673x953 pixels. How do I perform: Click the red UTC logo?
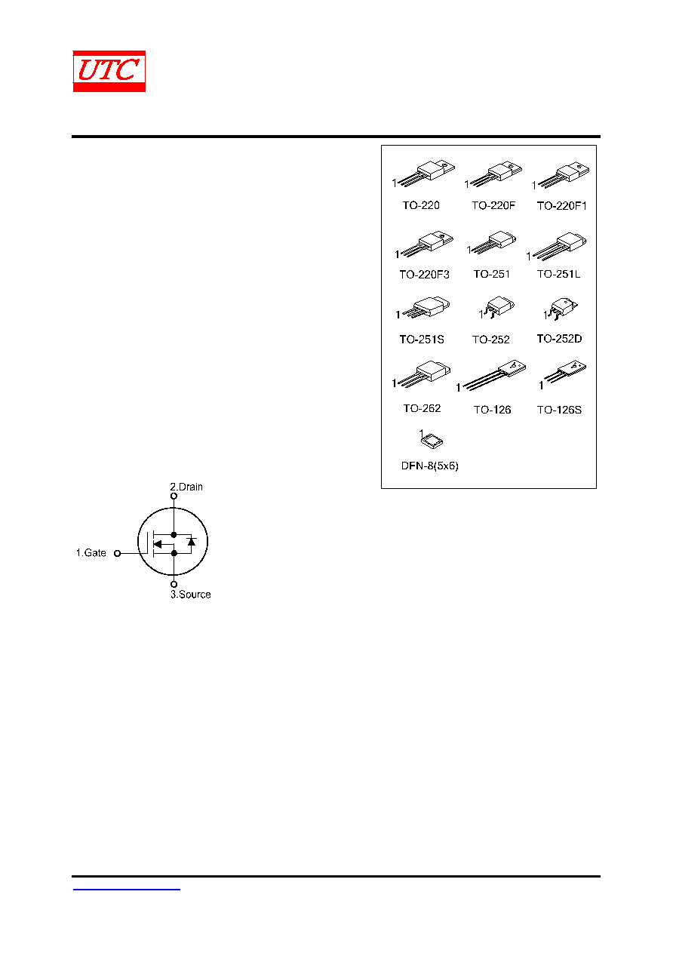(109, 71)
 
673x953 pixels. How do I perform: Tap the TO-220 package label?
(421, 205)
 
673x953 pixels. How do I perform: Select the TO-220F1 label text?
(561, 206)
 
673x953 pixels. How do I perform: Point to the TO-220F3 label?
(424, 275)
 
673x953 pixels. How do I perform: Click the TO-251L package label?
(558, 274)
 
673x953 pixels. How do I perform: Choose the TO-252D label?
(559, 339)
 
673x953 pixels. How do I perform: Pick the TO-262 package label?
(422, 408)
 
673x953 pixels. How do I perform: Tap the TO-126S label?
(559, 410)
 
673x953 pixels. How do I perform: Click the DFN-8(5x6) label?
(429, 466)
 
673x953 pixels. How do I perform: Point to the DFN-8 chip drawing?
(432, 441)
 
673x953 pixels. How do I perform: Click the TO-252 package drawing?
(498, 307)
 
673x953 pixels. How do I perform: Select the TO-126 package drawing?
(494, 374)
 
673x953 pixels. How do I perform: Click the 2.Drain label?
(186, 487)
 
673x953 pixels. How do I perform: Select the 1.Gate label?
(91, 552)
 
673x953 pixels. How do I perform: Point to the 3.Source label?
(191, 595)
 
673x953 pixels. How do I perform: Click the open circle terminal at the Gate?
(118, 553)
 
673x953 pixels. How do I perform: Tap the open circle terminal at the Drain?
(174, 496)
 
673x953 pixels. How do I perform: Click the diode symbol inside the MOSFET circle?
(192, 542)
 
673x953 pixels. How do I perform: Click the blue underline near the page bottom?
(126, 889)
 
